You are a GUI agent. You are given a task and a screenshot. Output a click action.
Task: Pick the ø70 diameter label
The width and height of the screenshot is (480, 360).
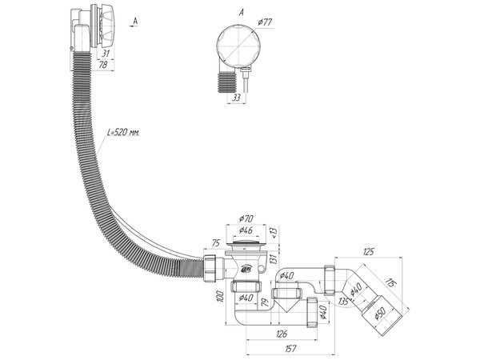coord(246,218)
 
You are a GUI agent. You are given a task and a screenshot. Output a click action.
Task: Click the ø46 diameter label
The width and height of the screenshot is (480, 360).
coord(246,230)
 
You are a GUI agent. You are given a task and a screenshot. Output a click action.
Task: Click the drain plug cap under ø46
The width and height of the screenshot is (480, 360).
coord(246,238)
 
